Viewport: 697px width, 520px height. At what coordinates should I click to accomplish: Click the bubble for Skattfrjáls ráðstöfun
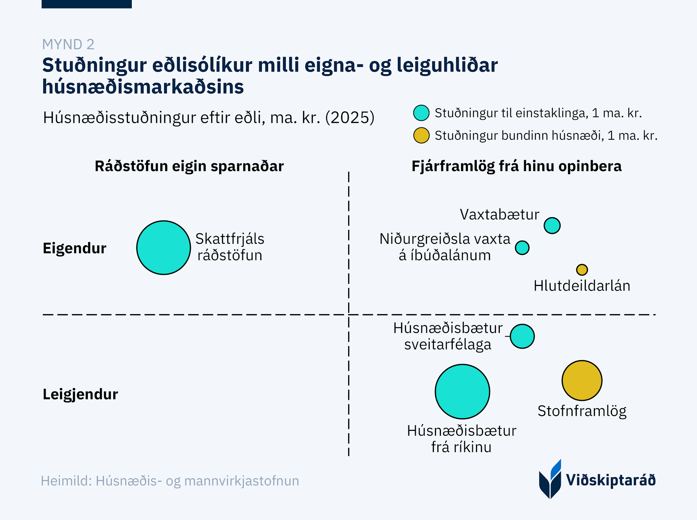[163, 248]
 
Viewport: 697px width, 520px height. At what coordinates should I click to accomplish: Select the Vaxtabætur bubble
[552, 225]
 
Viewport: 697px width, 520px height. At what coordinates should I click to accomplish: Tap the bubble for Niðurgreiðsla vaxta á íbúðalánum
[522, 248]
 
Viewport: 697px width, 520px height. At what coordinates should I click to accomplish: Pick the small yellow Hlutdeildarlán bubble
[582, 270]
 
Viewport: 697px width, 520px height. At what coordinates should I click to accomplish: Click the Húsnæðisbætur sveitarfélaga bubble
[522, 336]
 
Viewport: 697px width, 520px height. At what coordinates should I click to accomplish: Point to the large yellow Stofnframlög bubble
[582, 380]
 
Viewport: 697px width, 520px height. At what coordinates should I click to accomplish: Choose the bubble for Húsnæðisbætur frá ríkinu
[462, 391]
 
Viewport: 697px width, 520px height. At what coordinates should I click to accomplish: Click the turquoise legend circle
[421, 113]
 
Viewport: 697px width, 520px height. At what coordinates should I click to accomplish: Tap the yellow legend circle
[421, 135]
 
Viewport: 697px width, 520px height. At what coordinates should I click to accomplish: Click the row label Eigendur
[75, 248]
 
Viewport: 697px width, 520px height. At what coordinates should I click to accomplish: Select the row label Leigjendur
[81, 394]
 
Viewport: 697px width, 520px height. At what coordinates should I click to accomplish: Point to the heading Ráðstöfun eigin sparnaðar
[189, 166]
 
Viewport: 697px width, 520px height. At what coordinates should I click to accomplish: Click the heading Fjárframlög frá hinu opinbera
[516, 166]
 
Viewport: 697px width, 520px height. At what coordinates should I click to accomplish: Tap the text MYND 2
[68, 44]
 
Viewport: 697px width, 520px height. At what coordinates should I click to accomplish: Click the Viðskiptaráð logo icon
[550, 479]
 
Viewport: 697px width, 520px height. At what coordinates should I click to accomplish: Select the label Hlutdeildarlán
[582, 286]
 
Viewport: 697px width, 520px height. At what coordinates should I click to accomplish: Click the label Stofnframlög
[582, 411]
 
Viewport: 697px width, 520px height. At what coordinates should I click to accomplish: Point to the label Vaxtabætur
[499, 215]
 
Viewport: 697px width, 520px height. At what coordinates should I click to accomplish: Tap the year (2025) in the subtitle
[350, 117]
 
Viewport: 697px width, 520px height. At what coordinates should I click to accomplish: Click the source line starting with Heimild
[170, 481]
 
